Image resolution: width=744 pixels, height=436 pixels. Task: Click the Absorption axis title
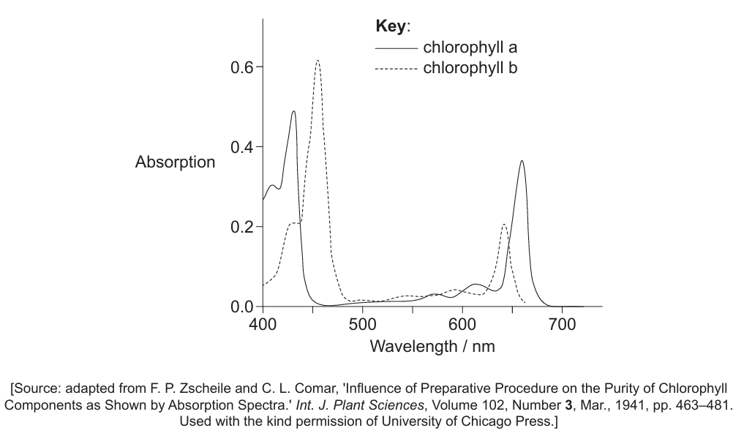175,162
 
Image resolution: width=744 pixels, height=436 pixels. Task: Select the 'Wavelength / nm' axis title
432,346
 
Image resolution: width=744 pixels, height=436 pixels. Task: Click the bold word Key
391,26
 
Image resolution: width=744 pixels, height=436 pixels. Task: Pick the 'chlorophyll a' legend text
470,48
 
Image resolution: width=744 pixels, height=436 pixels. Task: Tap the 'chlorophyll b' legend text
470,69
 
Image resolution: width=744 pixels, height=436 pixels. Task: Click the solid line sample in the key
396,49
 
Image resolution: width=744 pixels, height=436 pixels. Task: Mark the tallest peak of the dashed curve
317,61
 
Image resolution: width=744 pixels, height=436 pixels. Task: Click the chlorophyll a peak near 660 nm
522,161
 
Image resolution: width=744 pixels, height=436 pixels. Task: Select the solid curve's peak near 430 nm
293,111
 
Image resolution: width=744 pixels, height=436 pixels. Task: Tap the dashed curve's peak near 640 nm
504,225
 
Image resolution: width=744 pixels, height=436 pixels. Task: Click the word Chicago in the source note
473,421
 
